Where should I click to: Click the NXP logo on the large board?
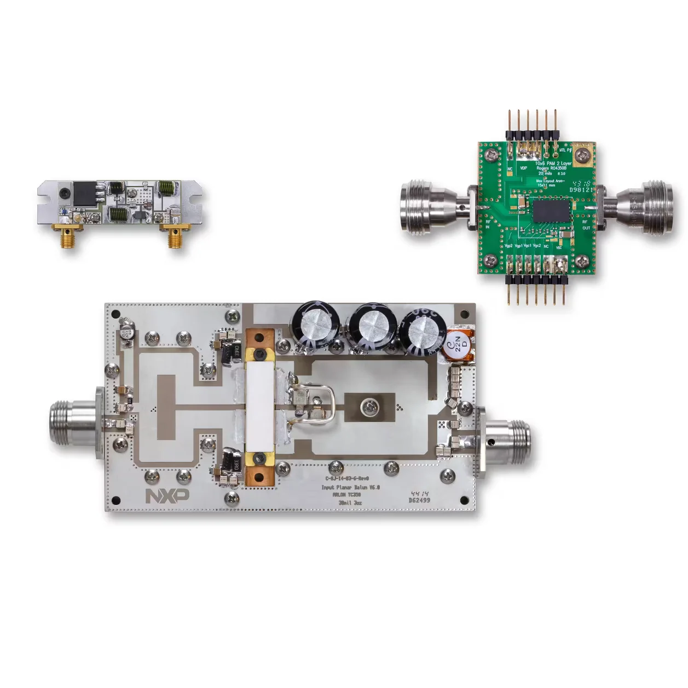point(167,495)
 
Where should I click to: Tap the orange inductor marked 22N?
point(460,344)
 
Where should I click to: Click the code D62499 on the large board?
point(419,500)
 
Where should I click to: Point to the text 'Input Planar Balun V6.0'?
point(350,487)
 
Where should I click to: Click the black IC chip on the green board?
point(551,211)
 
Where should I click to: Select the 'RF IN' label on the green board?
point(488,224)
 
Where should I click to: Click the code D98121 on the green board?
point(581,190)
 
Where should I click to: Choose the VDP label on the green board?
point(523,168)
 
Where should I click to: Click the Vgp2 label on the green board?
point(508,246)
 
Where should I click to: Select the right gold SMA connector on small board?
point(175,236)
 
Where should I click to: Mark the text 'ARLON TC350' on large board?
point(346,495)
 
